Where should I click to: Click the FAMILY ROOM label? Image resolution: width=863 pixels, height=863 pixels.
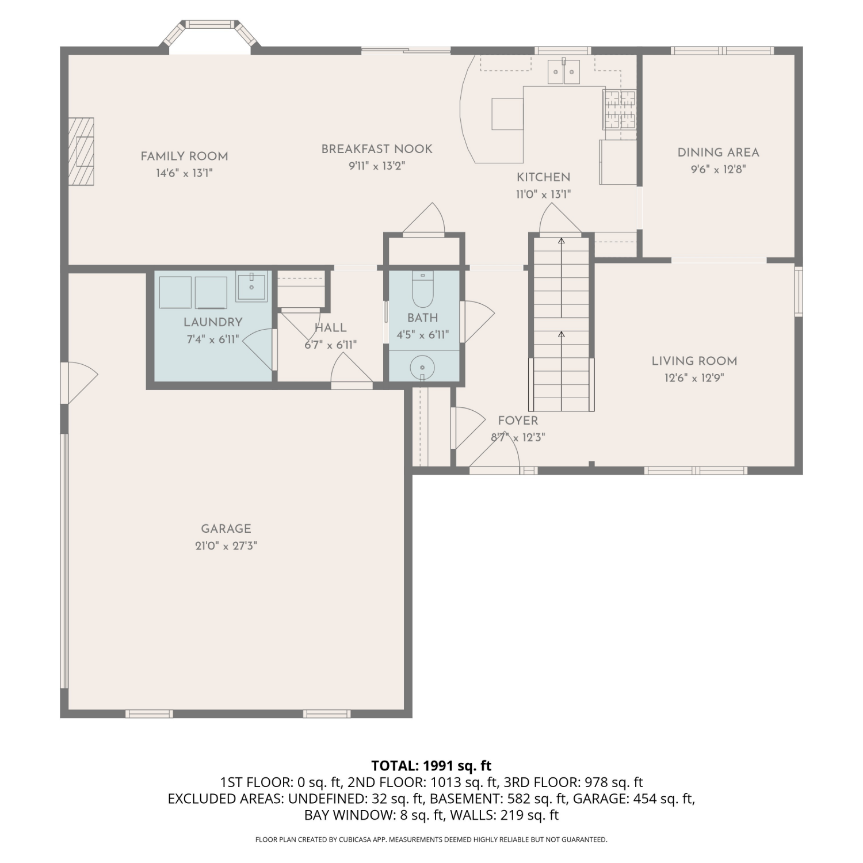coord(184,156)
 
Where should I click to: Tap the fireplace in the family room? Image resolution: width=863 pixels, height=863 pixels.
coord(81,151)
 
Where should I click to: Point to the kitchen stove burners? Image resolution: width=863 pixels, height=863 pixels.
coord(620,109)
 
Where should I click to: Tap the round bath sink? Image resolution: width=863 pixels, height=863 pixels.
coord(422,367)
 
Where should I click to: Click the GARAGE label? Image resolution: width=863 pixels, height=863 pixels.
coord(226,529)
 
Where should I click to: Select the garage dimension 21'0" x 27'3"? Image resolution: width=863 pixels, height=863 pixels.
coord(226,546)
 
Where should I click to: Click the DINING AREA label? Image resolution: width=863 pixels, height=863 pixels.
coord(719,152)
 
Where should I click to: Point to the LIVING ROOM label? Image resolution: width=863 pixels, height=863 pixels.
coord(694,361)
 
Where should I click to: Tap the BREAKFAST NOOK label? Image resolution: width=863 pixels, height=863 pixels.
coord(377,149)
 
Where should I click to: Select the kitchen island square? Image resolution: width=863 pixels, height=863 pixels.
coord(507,114)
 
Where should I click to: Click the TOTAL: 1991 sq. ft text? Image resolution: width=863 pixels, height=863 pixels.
coord(431,766)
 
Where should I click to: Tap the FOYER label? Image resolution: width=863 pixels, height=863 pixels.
coord(518,421)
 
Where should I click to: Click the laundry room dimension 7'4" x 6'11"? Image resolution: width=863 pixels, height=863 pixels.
coord(213,339)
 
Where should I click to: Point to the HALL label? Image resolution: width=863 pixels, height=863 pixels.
coord(331,328)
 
